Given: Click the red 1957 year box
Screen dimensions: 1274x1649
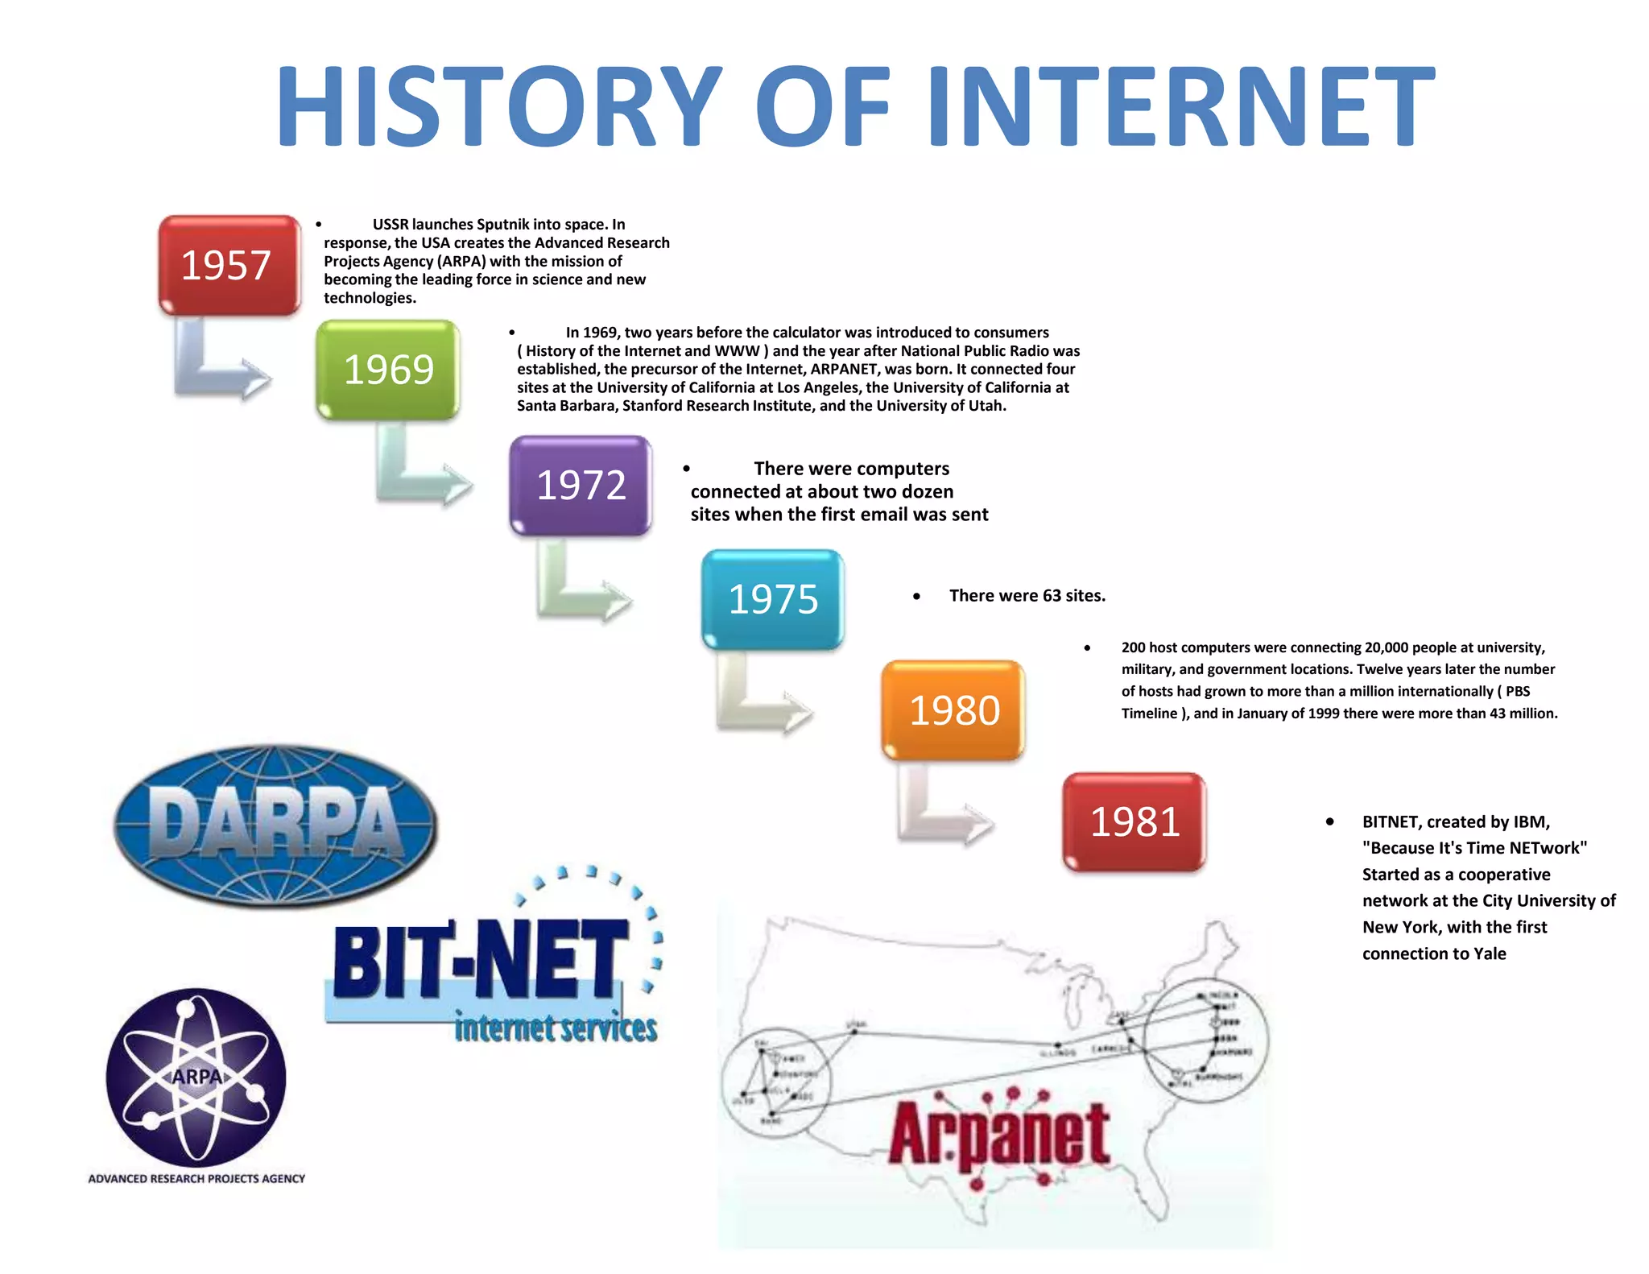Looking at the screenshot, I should coord(229,265).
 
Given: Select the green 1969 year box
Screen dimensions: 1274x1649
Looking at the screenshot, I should coord(387,370).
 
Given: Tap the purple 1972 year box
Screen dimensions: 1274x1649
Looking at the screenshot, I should coord(581,485).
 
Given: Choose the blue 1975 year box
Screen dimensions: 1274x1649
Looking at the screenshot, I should coord(772,599).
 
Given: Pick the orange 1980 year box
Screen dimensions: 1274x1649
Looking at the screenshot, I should coord(953,710).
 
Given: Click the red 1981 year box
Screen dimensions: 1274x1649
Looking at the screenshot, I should coord(1134,821).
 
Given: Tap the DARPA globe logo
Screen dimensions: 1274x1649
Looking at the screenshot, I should coord(275,825).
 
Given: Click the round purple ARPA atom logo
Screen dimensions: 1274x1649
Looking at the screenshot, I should coord(196,1077).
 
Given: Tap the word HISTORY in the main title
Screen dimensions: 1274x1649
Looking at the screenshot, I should coord(499,106).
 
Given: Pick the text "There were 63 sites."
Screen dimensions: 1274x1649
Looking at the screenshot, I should coord(1027,596).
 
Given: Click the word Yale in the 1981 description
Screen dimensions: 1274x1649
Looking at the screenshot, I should coord(1490,953).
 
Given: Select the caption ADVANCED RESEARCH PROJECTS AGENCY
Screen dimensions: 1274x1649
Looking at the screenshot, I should coord(196,1179).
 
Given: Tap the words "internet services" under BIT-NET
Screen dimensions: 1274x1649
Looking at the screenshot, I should coord(556,1028).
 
